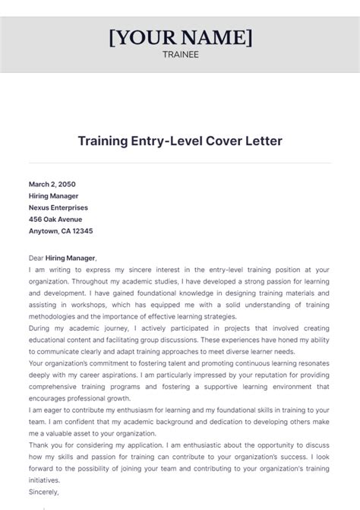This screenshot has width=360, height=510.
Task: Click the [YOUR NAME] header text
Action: click(x=180, y=37)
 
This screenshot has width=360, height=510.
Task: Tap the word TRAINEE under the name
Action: click(x=180, y=54)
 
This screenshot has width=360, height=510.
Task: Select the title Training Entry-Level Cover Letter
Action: click(x=180, y=141)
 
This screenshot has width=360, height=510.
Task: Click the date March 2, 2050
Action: click(x=52, y=184)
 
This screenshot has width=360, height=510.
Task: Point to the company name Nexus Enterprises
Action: click(x=58, y=207)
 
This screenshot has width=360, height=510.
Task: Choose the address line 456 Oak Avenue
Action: click(x=55, y=220)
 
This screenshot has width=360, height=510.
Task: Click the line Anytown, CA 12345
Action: click(x=61, y=231)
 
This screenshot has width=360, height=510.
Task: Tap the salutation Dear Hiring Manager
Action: click(x=63, y=258)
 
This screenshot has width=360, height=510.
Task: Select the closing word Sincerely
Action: click(x=46, y=493)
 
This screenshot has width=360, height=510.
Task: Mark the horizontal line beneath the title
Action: click(x=180, y=161)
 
